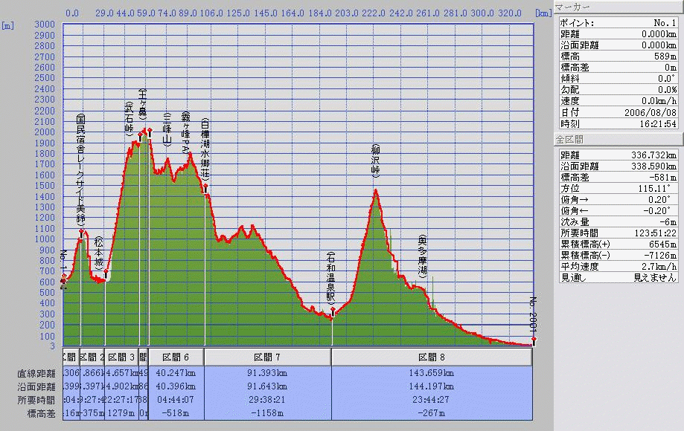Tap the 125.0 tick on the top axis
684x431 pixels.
237,13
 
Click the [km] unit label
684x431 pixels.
543,13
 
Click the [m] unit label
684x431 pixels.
9,25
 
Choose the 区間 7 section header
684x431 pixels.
267,357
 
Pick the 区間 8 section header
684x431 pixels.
432,357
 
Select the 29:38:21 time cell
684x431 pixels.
267,400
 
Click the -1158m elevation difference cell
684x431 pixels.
267,413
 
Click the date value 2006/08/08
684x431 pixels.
651,112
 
